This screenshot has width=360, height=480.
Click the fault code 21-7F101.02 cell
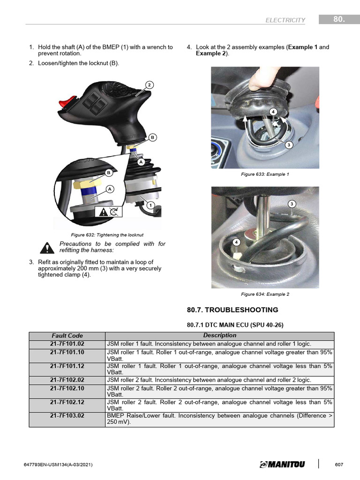click(67, 344)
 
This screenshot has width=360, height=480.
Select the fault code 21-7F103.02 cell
click(67, 415)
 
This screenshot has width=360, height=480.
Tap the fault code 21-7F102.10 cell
click(67, 388)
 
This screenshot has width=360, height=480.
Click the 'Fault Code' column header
click(67, 336)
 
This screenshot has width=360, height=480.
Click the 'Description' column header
click(219, 336)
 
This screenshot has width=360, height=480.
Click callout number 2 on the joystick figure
click(149, 85)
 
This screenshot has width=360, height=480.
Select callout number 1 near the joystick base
click(150, 205)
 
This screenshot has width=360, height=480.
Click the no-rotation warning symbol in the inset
click(108, 212)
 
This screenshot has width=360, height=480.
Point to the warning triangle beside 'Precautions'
click(47, 247)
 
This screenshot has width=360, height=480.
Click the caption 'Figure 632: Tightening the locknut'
click(107, 234)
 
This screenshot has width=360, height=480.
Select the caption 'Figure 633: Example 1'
click(265, 174)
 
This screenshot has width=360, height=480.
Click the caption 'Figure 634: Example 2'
click(265, 294)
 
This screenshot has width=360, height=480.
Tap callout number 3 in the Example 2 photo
click(292, 204)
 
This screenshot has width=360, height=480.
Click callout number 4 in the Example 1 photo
click(272, 111)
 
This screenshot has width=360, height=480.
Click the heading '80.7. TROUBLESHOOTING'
click(232, 310)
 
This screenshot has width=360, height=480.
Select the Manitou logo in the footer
click(282, 464)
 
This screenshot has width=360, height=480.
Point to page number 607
click(339, 465)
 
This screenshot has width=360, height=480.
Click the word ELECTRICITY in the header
click(285, 20)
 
